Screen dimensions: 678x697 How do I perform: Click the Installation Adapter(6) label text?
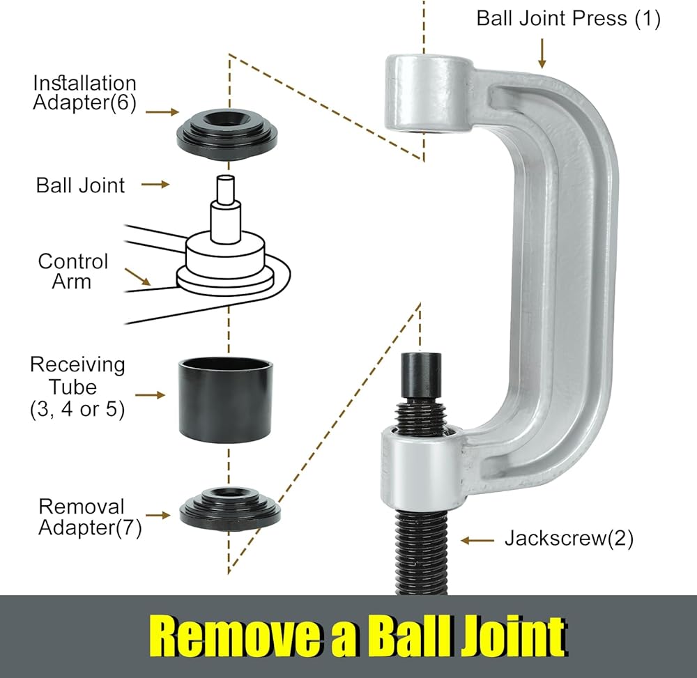pyautogui.click(x=84, y=93)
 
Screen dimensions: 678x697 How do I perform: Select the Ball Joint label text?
pyautogui.click(x=80, y=185)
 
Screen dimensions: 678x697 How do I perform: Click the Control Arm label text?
pyautogui.click(x=73, y=271)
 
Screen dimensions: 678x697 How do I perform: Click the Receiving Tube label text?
pyautogui.click(x=77, y=387)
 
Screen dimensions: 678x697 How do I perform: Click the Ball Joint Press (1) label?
pyautogui.click(x=568, y=18)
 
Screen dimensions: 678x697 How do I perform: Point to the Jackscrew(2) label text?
pyautogui.click(x=569, y=539)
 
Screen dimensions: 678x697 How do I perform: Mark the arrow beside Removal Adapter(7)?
pyautogui.click(x=158, y=516)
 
